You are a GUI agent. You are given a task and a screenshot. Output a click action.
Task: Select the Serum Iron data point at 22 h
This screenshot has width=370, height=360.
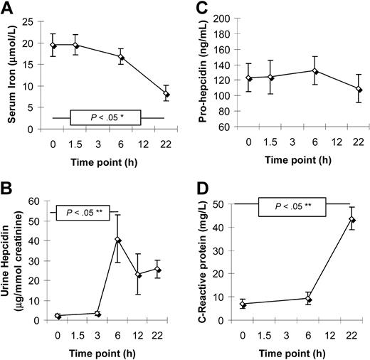click(166, 94)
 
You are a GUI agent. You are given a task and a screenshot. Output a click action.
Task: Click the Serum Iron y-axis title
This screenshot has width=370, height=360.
click(12, 71)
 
